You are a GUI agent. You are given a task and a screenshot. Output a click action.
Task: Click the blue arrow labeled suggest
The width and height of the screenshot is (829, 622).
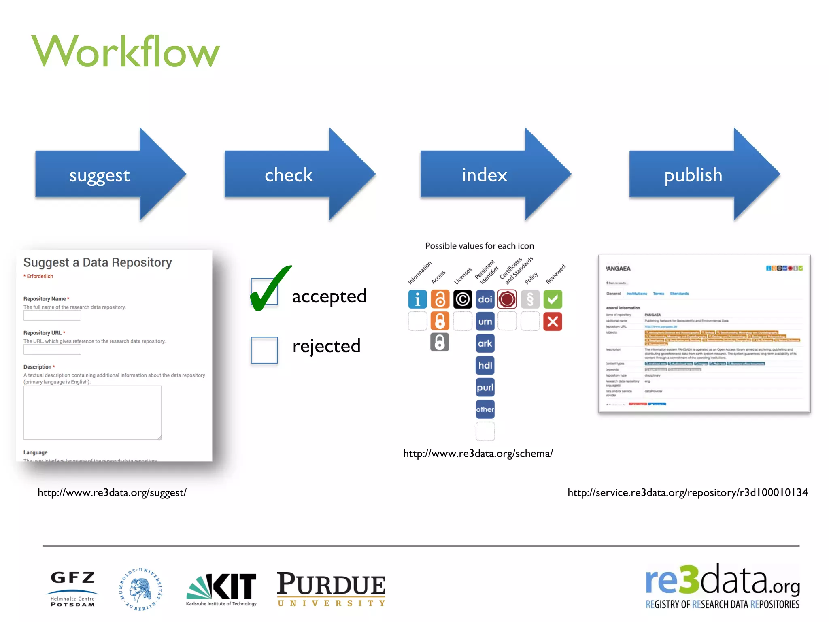[x=99, y=175]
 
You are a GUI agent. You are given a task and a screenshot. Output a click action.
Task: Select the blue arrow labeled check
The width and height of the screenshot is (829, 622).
[x=289, y=175]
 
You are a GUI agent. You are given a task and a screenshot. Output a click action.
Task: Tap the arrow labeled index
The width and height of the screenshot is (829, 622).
[x=485, y=175]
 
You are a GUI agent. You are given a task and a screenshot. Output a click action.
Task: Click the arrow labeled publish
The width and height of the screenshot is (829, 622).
[x=693, y=175]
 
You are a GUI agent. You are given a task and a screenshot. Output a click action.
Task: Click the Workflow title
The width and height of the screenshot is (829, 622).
[x=125, y=51]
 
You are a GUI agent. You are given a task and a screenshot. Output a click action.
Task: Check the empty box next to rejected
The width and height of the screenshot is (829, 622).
[x=264, y=350]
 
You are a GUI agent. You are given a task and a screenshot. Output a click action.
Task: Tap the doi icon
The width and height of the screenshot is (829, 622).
[x=485, y=299]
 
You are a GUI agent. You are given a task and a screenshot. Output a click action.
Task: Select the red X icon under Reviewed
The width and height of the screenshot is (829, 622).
[x=553, y=322]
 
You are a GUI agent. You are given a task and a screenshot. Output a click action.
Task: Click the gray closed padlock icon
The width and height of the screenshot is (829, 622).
[x=440, y=343]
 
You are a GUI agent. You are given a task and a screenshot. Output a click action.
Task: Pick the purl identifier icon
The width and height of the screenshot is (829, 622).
[x=485, y=387]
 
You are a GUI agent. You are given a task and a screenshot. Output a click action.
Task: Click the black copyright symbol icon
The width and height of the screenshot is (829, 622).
[x=462, y=299]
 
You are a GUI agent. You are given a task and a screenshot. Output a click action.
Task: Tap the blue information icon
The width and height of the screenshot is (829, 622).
[x=417, y=299]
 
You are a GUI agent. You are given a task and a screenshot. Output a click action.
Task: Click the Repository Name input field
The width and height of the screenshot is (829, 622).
[x=52, y=315]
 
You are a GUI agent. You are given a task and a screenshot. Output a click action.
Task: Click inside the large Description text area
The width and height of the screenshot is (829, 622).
[x=92, y=412]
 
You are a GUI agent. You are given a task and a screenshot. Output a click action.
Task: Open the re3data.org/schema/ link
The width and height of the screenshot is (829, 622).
[x=478, y=454]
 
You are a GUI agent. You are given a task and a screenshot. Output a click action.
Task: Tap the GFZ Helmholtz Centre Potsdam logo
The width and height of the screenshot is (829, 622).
[x=72, y=588]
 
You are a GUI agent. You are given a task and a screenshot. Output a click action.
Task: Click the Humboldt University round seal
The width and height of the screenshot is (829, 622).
[x=140, y=589]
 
